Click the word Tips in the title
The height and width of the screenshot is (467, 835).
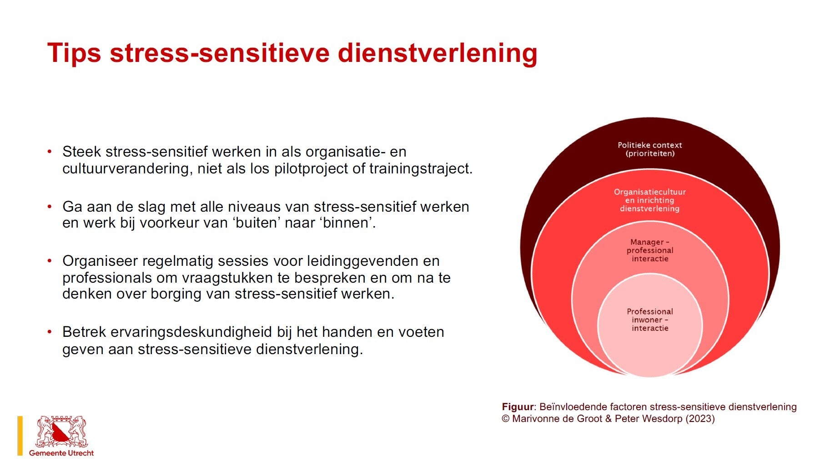pos(74,53)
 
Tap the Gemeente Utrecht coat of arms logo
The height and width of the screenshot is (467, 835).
pos(61,431)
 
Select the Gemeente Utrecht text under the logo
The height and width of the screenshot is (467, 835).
pos(61,453)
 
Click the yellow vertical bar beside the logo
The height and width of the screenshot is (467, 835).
pos(20,436)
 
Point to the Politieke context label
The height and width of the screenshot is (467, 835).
pos(650,149)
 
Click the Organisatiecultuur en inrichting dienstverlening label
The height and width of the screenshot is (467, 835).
pos(650,200)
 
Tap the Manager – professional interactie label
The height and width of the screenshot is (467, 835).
pos(650,250)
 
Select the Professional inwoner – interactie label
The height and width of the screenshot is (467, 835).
pos(650,320)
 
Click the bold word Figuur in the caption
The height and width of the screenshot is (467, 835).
pos(518,407)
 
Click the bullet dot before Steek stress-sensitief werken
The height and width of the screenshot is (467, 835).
pos(50,152)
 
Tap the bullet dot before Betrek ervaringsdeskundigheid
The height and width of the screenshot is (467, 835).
pos(50,332)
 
